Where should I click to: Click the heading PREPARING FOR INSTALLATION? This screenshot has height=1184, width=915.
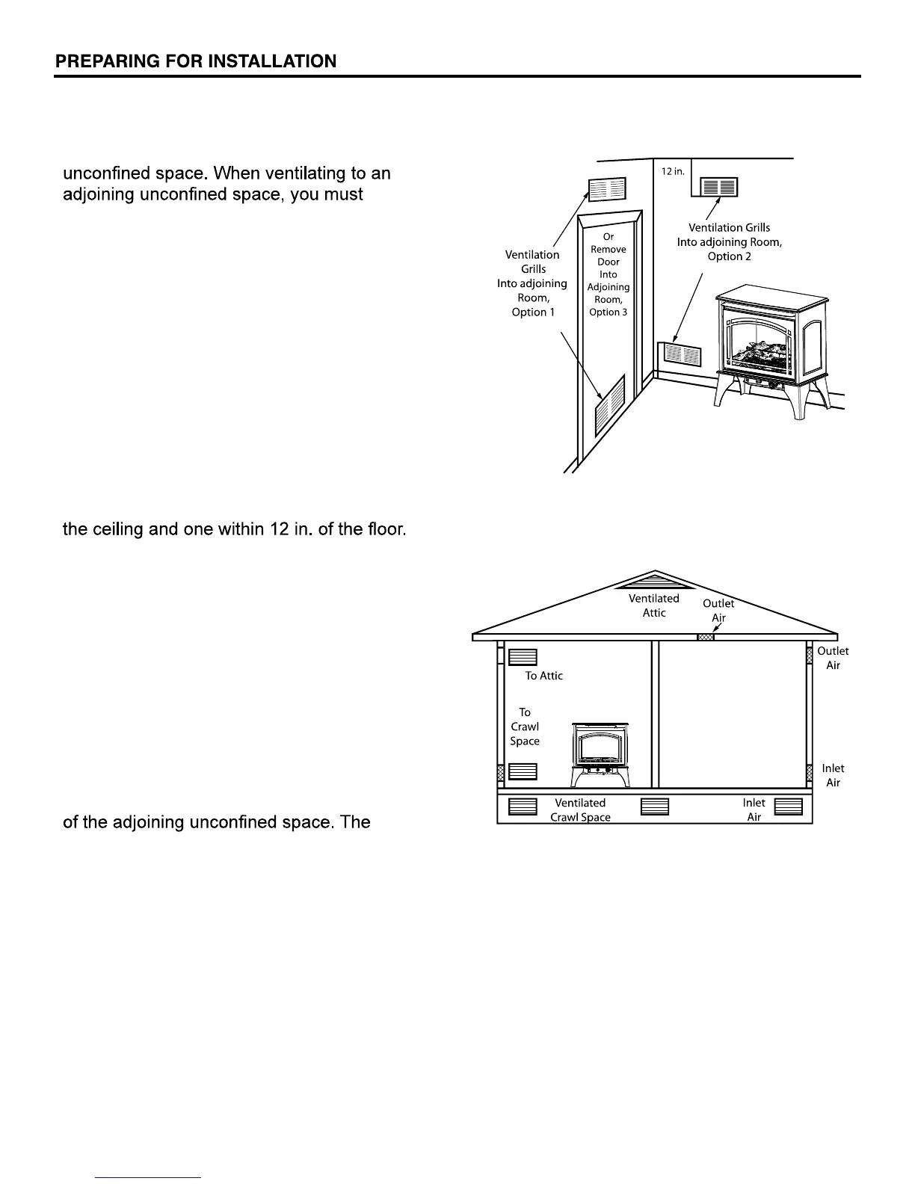(x=196, y=61)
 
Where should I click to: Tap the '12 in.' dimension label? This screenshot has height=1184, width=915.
(x=672, y=171)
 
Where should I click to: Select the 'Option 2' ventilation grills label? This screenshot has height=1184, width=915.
(x=729, y=241)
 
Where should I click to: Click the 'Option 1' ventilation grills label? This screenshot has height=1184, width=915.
(x=532, y=283)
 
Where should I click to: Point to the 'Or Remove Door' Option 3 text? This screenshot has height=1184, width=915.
(x=609, y=274)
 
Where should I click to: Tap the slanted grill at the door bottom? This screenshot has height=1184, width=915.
(x=609, y=407)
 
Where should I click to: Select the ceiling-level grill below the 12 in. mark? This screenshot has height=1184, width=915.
(x=718, y=186)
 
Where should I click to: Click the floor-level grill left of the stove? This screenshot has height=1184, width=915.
(x=680, y=354)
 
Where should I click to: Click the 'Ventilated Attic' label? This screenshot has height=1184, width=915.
(x=654, y=605)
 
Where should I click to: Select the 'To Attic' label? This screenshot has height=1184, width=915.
(x=543, y=676)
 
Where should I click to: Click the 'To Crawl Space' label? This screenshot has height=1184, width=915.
(x=525, y=727)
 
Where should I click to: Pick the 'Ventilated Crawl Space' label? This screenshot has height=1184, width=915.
(x=580, y=810)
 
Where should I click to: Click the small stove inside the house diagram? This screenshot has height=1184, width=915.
(x=601, y=754)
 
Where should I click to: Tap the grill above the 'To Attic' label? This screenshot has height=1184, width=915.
(x=523, y=657)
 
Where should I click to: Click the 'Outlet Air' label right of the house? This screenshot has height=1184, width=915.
(x=833, y=658)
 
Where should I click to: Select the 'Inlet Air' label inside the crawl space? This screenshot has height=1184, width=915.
(x=754, y=810)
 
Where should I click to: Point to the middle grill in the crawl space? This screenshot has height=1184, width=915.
(x=655, y=807)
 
